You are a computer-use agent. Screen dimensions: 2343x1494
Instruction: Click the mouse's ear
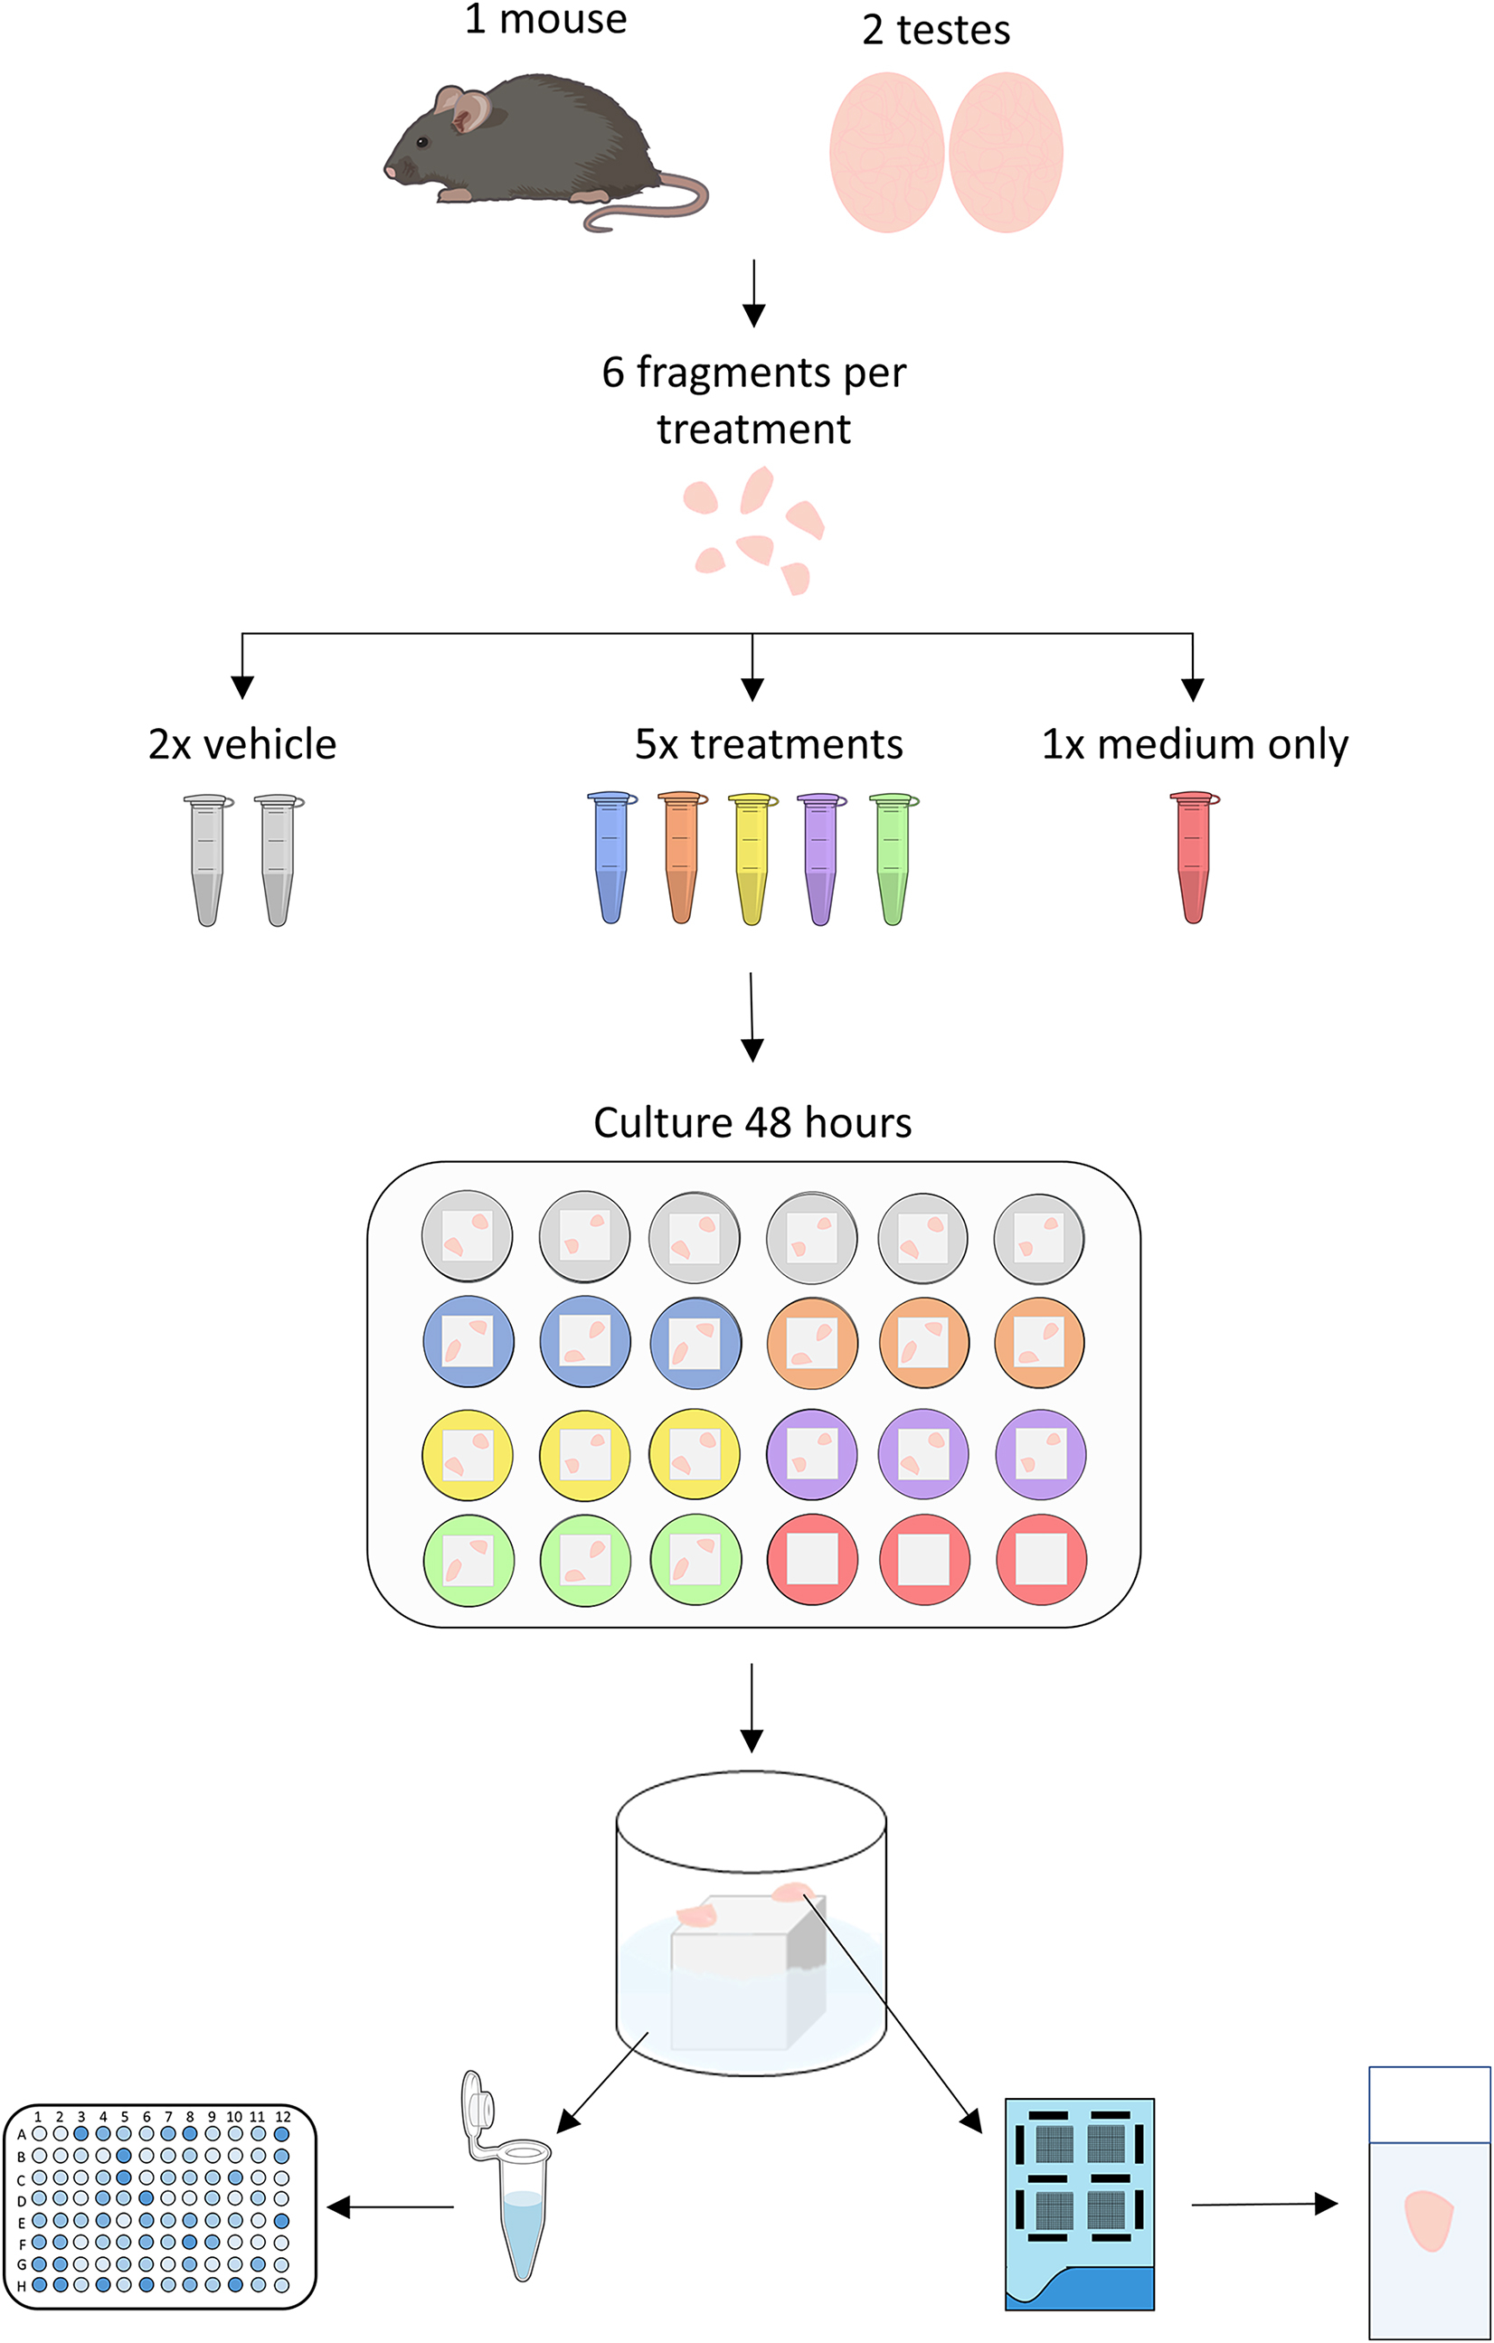click(470, 109)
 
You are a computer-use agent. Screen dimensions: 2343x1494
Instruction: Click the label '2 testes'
click(935, 30)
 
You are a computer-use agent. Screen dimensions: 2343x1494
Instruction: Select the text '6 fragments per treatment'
click(753, 400)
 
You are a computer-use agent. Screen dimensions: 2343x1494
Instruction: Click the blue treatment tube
click(610, 856)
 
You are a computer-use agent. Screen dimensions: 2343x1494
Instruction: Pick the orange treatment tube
click(681, 856)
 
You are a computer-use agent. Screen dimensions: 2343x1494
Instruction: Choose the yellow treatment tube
click(752, 856)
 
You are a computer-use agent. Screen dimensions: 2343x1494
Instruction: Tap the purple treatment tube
click(820, 856)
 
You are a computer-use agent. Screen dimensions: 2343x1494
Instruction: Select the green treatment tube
click(893, 856)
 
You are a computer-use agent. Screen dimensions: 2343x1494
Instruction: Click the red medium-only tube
click(1193, 856)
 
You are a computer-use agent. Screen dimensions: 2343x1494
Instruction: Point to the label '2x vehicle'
click(242, 744)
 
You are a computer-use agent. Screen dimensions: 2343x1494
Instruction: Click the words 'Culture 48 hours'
click(752, 1122)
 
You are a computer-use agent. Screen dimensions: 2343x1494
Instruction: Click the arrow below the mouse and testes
click(753, 292)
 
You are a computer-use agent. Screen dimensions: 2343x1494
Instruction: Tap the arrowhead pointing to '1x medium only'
click(1192, 690)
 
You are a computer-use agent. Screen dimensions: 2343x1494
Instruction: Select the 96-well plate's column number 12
click(282, 2116)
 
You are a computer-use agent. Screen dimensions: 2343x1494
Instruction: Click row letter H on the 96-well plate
click(21, 2286)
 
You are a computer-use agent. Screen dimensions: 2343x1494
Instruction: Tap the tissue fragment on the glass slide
click(1428, 2220)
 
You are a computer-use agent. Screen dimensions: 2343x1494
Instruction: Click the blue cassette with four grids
click(1080, 2204)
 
